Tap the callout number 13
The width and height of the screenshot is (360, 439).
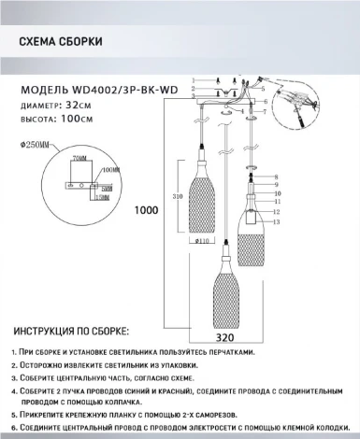click(276, 223)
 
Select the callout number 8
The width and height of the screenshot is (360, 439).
click(276, 177)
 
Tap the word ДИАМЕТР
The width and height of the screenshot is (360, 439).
click(39, 105)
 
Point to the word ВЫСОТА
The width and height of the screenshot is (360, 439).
click(36, 119)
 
